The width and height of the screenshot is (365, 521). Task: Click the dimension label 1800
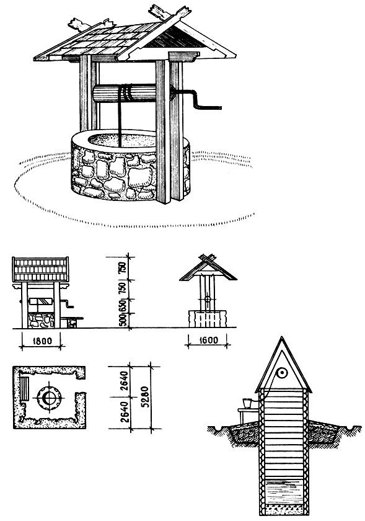tap(42, 341)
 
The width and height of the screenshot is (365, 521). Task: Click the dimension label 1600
tap(208, 341)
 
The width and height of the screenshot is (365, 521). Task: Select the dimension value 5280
tap(145, 397)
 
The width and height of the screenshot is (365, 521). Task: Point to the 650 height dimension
tap(123, 306)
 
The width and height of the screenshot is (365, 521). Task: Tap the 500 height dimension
tap(123, 320)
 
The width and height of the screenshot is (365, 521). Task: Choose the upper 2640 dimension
tap(124, 380)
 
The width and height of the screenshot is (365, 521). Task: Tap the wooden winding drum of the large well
tap(125, 93)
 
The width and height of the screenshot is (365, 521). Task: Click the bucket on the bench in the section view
tap(247, 403)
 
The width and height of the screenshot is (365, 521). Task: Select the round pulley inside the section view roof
tap(283, 373)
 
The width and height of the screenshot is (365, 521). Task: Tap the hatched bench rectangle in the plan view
tap(25, 388)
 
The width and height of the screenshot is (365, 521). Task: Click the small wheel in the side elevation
tap(208, 298)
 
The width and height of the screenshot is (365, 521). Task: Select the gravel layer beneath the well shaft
tap(283, 509)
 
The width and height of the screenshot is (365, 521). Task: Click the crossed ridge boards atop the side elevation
tap(208, 258)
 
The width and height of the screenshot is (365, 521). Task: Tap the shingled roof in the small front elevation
tap(40, 269)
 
